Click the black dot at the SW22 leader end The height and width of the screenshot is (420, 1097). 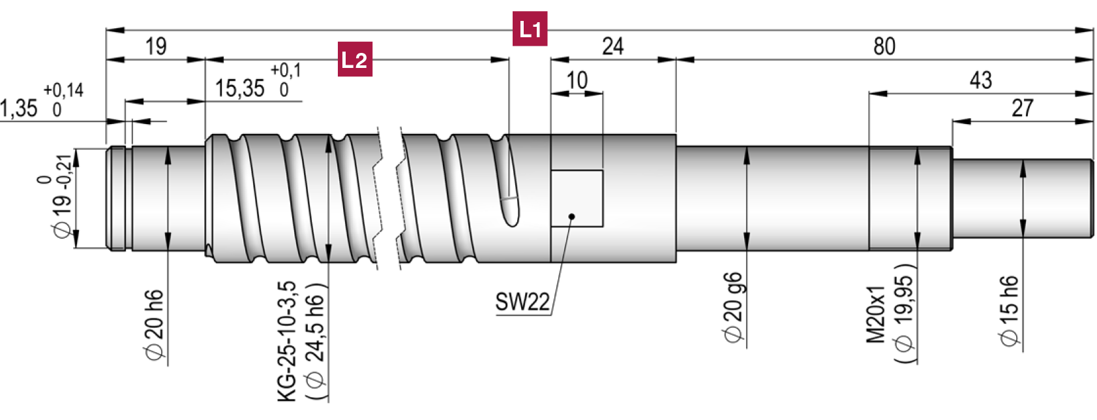[x=571, y=216]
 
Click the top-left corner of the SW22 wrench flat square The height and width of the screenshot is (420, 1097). [x=551, y=170]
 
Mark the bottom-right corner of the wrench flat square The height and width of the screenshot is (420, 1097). [x=603, y=227]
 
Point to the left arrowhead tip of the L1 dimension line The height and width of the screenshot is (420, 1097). [x=106, y=30]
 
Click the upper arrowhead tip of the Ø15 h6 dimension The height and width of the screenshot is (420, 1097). [x=1023, y=159]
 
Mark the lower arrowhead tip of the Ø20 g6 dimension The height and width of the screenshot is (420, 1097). [x=746, y=250]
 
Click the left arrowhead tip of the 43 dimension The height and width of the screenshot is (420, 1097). [x=869, y=93]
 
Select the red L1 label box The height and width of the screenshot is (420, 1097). [x=530, y=29]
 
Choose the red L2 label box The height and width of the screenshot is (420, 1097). [x=355, y=59]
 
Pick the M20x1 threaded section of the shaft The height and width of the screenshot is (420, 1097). [x=910, y=198]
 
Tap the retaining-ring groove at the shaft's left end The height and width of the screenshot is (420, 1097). [x=128, y=198]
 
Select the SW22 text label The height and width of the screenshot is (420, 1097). [x=522, y=302]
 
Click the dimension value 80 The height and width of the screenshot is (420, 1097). [x=884, y=46]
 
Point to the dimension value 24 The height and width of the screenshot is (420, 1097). [x=612, y=46]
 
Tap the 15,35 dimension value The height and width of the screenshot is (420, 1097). [x=239, y=88]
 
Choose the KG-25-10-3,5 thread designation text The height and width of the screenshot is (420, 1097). [x=288, y=342]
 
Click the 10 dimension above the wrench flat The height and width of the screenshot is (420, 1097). [x=577, y=80]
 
